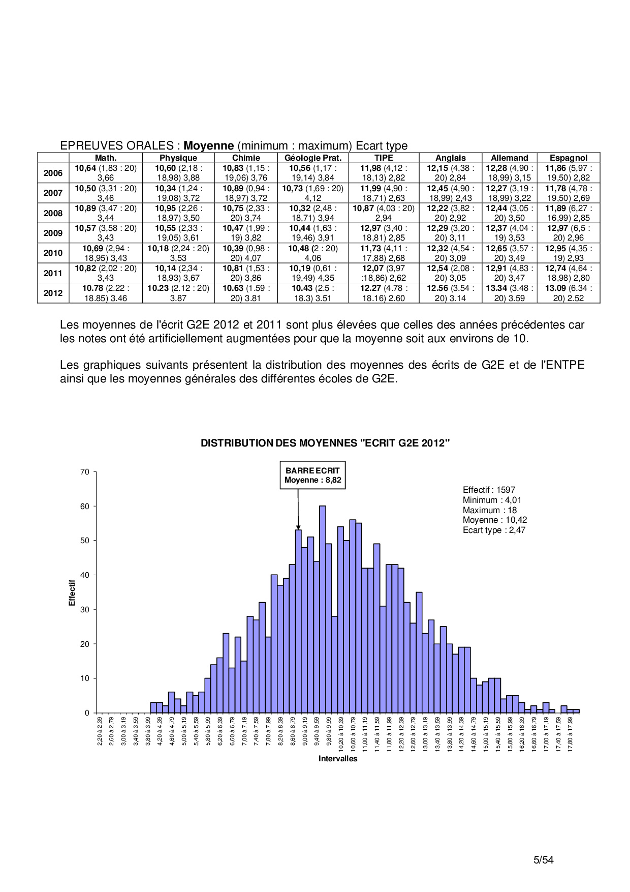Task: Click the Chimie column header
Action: tap(246, 158)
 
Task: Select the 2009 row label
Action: tap(53, 233)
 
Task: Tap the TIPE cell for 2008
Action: tap(384, 213)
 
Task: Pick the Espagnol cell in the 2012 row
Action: tap(568, 293)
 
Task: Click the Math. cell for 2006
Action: tap(106, 173)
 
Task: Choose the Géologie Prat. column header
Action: tap(313, 158)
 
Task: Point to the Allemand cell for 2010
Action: tap(509, 253)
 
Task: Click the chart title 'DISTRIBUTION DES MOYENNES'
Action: tap(325, 443)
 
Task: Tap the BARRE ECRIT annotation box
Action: tap(312, 475)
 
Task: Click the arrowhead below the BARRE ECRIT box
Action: tap(298, 527)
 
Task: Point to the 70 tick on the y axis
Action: tap(85, 472)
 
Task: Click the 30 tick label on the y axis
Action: tap(85, 610)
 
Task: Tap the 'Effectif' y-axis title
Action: tap(72, 592)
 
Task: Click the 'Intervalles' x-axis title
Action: tap(338, 759)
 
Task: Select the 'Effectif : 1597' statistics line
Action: tap(489, 490)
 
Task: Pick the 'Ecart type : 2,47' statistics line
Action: tap(494, 530)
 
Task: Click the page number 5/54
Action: tap(543, 860)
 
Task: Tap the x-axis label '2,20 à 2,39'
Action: tap(100, 731)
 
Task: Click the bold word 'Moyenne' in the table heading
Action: tap(208, 146)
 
